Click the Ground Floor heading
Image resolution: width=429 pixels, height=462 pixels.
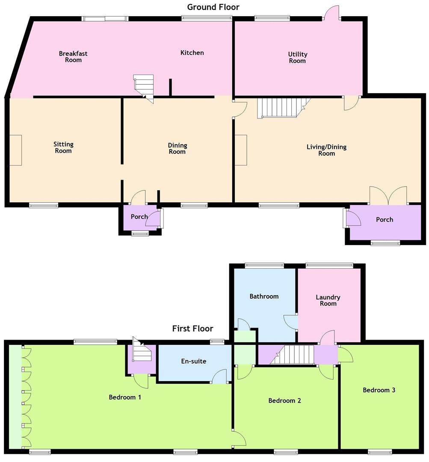213,7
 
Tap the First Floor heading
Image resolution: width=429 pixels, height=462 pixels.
192,329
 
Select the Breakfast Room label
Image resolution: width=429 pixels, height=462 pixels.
73,56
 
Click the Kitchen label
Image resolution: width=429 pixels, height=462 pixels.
192,53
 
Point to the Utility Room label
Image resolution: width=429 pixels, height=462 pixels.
297,57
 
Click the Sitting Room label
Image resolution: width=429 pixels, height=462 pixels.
63,147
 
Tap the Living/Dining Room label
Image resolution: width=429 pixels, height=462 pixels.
326,150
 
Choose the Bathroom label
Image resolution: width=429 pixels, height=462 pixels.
264,296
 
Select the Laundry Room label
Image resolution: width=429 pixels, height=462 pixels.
328,300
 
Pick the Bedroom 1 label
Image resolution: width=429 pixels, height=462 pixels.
125,397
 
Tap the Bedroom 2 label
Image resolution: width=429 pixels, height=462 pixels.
284,400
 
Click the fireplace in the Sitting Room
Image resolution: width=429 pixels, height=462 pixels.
15,150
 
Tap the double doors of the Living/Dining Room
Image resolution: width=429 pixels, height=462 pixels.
388,195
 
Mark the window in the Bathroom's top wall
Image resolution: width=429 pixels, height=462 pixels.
264,265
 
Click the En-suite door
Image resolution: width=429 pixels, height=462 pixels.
220,377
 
